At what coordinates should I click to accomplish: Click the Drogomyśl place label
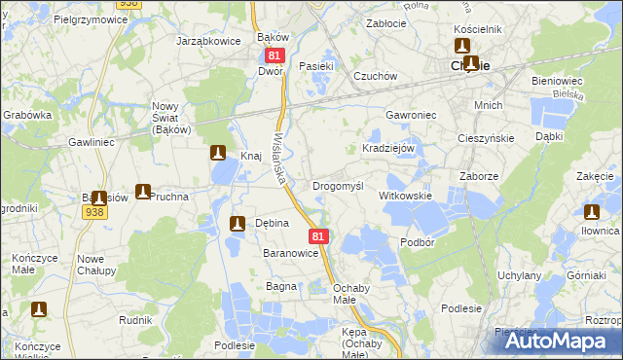(337, 185)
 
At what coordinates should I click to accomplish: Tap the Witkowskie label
(405, 196)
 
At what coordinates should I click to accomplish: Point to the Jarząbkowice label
(207, 42)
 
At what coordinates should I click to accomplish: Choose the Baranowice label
(291, 253)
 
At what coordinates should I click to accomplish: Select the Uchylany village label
(519, 275)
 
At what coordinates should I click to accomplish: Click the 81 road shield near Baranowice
(318, 236)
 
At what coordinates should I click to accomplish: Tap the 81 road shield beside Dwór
(273, 56)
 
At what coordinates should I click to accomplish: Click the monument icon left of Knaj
(218, 153)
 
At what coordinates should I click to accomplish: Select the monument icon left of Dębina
(236, 225)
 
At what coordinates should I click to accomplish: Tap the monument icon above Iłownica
(592, 212)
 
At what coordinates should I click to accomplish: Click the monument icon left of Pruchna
(143, 193)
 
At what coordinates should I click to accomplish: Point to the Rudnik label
(135, 318)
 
